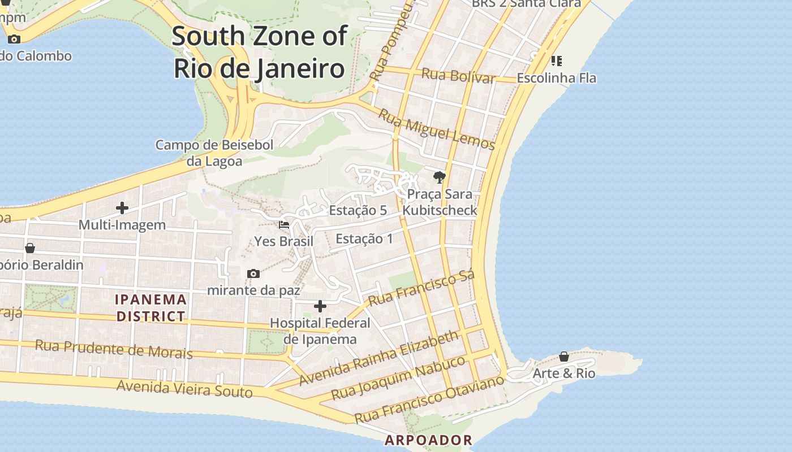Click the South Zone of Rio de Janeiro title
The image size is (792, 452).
click(x=259, y=52)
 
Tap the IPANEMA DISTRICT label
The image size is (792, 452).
click(x=151, y=308)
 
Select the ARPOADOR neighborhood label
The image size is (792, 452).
click(x=428, y=440)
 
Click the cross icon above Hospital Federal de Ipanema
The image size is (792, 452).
click(x=320, y=306)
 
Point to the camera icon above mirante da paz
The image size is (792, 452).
click(x=253, y=274)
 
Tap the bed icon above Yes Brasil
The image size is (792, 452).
click(x=284, y=225)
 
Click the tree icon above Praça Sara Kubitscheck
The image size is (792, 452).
click(x=439, y=177)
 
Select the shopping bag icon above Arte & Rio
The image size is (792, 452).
click(x=564, y=357)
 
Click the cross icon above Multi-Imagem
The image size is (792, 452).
click(x=122, y=208)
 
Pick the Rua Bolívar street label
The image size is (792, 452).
click(x=458, y=76)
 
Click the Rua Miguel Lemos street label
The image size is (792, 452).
click(x=436, y=129)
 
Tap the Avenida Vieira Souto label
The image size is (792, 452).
click(x=184, y=389)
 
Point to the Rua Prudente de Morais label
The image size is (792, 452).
click(x=114, y=349)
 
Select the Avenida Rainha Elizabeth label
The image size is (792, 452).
click(x=378, y=358)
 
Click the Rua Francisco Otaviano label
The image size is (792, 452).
click(x=429, y=399)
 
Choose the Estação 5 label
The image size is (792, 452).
click(x=358, y=210)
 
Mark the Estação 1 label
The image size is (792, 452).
click(x=364, y=238)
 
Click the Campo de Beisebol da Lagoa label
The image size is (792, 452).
click(x=214, y=153)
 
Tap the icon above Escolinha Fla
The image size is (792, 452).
click(x=556, y=60)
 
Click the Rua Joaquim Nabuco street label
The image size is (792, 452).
click(x=398, y=377)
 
